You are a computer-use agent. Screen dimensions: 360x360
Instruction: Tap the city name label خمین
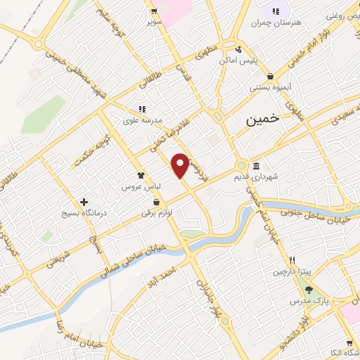(x=262, y=120)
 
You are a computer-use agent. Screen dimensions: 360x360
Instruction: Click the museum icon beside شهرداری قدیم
(x=255, y=167)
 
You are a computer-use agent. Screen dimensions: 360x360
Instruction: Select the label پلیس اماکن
(x=238, y=61)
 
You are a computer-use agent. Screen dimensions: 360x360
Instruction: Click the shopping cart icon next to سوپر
(x=153, y=11)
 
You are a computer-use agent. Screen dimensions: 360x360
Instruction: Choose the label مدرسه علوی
(x=143, y=120)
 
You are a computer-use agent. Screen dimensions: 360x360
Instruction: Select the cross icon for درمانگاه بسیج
(x=84, y=202)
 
